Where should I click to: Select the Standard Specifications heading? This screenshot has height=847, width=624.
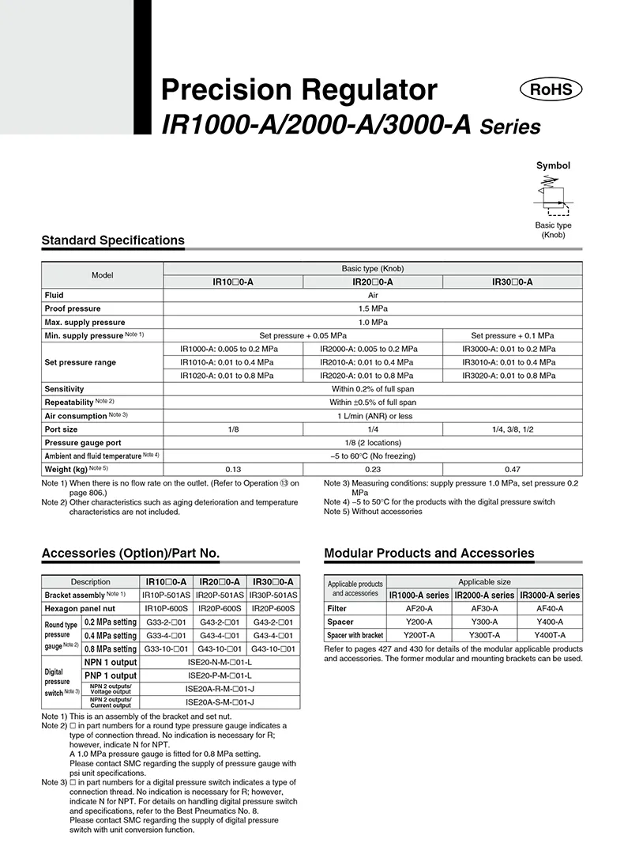pos(113,240)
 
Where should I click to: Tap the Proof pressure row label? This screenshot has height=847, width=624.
pos(73,308)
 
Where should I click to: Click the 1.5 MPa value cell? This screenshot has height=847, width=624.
pos(373,308)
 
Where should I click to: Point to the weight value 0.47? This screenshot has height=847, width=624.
pos(513,470)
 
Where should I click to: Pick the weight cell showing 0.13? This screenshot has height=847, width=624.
pos(233,470)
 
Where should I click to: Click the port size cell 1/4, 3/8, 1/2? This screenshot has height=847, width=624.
pos(513,429)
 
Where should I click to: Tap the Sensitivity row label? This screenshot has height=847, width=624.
pos(64,389)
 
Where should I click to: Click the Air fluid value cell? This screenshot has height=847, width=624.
pos(373,295)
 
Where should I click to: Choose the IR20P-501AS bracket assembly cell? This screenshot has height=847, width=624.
pos(219,595)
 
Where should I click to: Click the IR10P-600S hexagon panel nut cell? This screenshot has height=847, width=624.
pos(165,608)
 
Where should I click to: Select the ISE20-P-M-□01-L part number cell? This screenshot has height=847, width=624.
pos(219,675)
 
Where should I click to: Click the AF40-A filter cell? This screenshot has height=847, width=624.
pos(550,609)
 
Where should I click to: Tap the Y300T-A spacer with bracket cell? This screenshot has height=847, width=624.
pos(484,635)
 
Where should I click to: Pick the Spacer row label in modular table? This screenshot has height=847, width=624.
pos(340,622)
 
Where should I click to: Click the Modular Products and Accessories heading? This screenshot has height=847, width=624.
pos(429,554)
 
